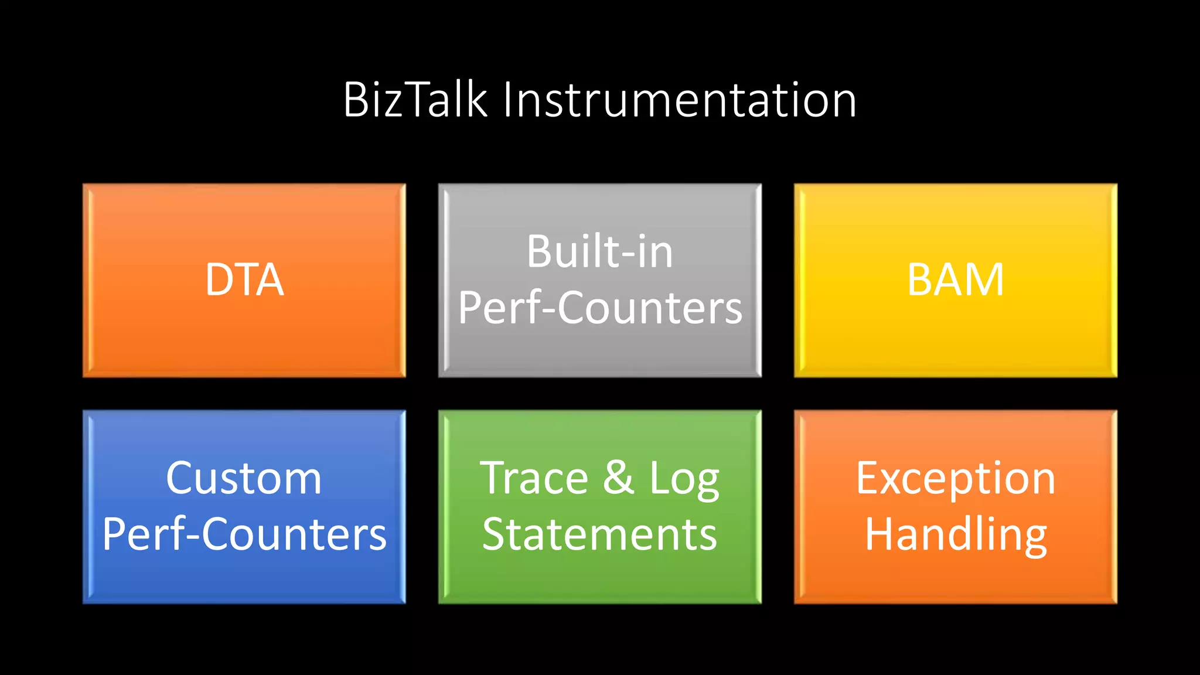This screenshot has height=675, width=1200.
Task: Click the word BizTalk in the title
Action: coord(415,100)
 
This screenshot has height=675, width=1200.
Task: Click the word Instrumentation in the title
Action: coord(680,100)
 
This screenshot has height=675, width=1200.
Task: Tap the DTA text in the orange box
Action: coord(244,280)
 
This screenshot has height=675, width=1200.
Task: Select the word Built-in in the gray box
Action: coord(599,252)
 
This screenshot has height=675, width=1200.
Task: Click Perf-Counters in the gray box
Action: coord(599,308)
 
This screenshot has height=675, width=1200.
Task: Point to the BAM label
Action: coord(955,280)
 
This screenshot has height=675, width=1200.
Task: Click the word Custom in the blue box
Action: coord(244,479)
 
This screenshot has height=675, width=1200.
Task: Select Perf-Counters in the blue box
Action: coord(244,534)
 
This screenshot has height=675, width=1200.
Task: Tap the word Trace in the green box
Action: coord(534,479)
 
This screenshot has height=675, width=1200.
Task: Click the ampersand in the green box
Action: coord(619,478)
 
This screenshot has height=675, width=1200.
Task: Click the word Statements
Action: coord(599,534)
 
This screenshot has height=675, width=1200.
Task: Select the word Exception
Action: coord(955,479)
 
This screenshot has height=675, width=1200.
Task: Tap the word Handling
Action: coord(955,534)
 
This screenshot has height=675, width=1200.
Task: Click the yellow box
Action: coord(955,340)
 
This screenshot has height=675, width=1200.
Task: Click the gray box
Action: coord(599,352)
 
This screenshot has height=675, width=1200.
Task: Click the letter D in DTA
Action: coord(219,280)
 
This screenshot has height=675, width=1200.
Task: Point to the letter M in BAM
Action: coord(983,280)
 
